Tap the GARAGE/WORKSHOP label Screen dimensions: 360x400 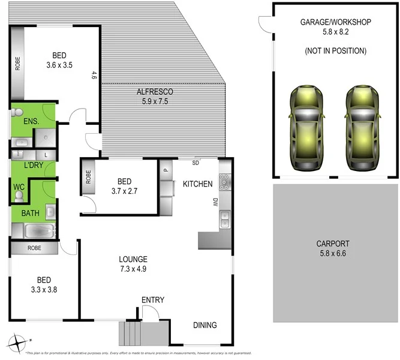[x=336, y=22]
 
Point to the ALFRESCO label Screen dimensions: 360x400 [x=155, y=92]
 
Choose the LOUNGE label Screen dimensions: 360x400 [x=133, y=259]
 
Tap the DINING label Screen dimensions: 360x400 [x=205, y=325]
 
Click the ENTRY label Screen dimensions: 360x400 [x=153, y=300]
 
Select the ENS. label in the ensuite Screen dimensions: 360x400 [x=31, y=122]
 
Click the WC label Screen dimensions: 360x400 [x=18, y=187]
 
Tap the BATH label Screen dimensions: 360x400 [x=31, y=212]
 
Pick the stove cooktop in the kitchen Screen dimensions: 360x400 [x=224, y=180]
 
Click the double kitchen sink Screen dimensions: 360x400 [x=225, y=219]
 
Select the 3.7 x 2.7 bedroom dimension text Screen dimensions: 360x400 [x=124, y=191]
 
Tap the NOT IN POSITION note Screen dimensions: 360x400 [x=336, y=51]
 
